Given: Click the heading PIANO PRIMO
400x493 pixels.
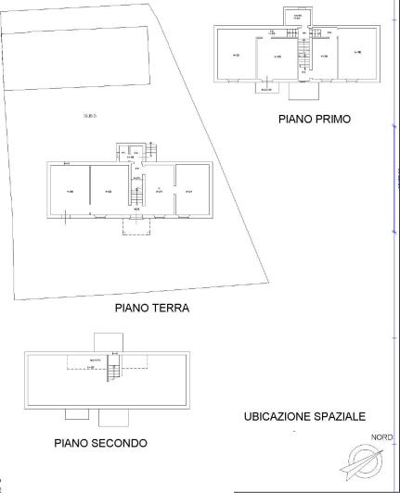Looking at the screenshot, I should [x=314, y=120].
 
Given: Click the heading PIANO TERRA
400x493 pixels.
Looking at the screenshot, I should [x=151, y=309].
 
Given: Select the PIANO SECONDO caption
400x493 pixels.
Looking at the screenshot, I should [x=100, y=443].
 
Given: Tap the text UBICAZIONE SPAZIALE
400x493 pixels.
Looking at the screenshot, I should [x=304, y=417].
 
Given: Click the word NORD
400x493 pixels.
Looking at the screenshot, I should [x=381, y=437].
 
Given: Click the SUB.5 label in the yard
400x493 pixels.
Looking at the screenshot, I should [x=89, y=116].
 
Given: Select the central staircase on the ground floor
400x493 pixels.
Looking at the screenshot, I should [x=136, y=194].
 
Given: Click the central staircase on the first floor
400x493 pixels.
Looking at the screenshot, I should [x=303, y=57].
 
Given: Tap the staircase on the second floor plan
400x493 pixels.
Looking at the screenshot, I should [x=113, y=373].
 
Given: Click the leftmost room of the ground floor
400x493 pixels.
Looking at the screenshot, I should [x=69, y=191].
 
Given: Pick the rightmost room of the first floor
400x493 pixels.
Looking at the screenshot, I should [x=357, y=55].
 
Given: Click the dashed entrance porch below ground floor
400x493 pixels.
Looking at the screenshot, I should [x=136, y=227].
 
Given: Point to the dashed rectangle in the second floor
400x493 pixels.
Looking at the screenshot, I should [x=107, y=362].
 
